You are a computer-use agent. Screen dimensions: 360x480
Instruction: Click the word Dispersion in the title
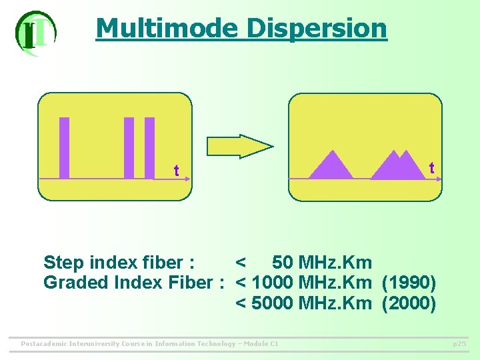click(x=316, y=28)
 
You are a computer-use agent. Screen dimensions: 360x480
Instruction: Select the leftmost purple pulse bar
click(x=65, y=148)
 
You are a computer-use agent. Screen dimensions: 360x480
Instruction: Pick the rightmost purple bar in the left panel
click(x=149, y=148)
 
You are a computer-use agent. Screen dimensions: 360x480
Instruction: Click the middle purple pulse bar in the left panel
click(x=129, y=148)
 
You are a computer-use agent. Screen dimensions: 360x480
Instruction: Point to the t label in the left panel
click(x=176, y=171)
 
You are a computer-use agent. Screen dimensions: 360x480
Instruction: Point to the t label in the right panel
click(x=431, y=168)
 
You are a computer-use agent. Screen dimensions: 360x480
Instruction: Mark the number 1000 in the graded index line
click(x=273, y=283)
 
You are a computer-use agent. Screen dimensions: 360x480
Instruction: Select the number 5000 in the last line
click(x=273, y=303)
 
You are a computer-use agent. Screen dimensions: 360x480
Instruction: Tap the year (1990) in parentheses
click(x=409, y=283)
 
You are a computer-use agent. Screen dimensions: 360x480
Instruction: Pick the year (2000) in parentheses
click(x=409, y=303)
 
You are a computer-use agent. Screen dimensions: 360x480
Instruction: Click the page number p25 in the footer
click(x=459, y=344)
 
